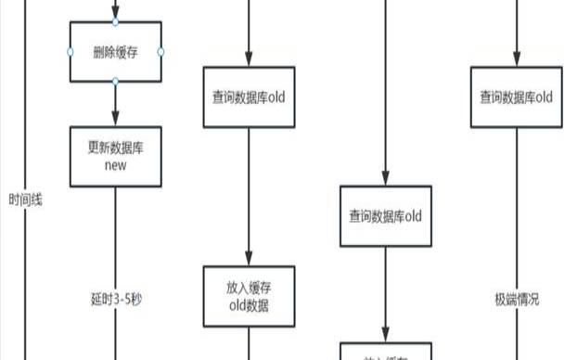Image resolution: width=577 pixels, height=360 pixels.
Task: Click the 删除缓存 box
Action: [115, 52]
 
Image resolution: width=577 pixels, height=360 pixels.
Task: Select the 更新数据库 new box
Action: [115, 156]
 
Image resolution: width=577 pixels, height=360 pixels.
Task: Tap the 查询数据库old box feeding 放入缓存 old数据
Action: [249, 96]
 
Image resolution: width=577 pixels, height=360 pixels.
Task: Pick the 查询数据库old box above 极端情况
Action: [516, 96]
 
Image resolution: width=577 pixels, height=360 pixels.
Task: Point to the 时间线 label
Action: [25, 199]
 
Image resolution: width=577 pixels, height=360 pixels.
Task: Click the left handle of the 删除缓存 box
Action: [71, 52]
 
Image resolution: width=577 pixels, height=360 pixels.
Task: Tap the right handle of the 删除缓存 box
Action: [160, 52]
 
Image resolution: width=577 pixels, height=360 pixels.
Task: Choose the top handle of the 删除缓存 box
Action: [115, 21]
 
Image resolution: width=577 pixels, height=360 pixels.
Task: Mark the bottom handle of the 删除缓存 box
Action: [115, 83]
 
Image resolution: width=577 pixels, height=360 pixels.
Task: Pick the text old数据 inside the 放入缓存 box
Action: [249, 306]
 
